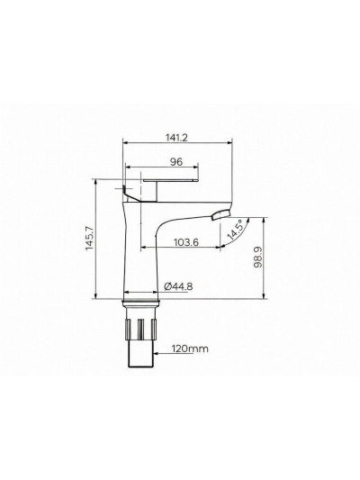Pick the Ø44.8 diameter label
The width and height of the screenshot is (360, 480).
tap(177, 287)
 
